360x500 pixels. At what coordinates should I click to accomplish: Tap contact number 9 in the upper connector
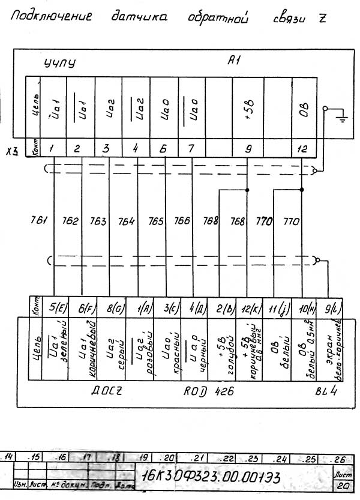coord(247,148)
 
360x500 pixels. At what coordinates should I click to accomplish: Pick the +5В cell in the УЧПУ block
coord(248,112)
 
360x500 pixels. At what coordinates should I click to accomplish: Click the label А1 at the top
coord(235,60)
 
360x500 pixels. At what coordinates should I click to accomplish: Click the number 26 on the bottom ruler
coord(340,459)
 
